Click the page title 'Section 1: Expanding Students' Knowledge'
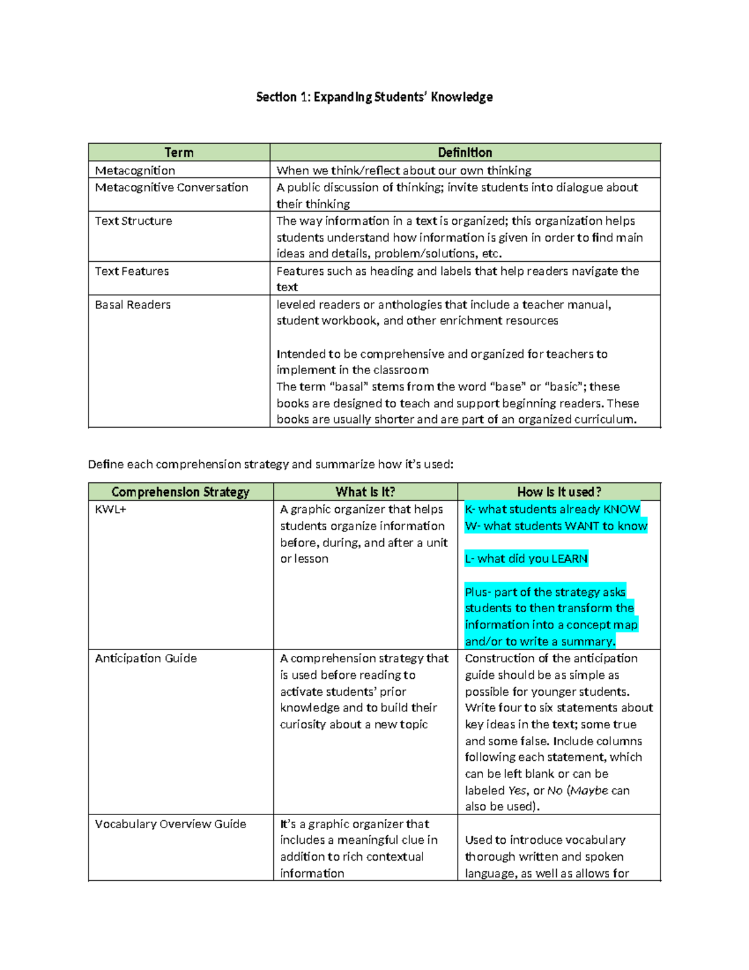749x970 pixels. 374,97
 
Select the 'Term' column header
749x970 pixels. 179,152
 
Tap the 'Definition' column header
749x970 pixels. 464,152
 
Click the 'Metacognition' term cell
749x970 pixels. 135,171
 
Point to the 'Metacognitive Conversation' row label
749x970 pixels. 172,187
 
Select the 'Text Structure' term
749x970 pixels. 134,221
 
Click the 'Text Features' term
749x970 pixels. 132,271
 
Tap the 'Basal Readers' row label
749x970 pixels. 133,305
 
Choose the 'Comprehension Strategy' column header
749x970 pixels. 180,492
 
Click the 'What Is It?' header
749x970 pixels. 365,492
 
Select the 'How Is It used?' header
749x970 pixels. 559,492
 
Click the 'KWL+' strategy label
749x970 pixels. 110,510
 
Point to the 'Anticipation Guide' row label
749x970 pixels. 145,658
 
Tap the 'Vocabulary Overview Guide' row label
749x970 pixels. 170,824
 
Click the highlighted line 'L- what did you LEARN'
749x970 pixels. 526,558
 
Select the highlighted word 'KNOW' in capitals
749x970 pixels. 621,509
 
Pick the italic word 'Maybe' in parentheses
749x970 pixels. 589,791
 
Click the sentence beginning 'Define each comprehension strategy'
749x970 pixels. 271,464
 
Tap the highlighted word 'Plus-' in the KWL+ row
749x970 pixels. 478,592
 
